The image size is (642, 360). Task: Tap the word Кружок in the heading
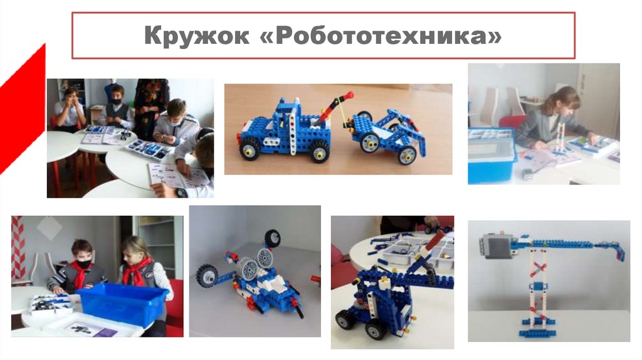(196, 36)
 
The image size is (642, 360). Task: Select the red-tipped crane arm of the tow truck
(336, 107)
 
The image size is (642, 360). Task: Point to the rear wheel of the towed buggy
(406, 155)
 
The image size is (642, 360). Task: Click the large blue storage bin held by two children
(123, 304)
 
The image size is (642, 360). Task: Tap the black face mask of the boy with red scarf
(83, 265)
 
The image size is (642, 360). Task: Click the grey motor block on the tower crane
(495, 246)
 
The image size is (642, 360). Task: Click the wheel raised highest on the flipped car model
(272, 238)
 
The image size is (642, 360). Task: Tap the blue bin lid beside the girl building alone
(490, 134)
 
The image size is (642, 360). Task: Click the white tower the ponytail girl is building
(558, 134)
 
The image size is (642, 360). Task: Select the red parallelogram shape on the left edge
(22, 109)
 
